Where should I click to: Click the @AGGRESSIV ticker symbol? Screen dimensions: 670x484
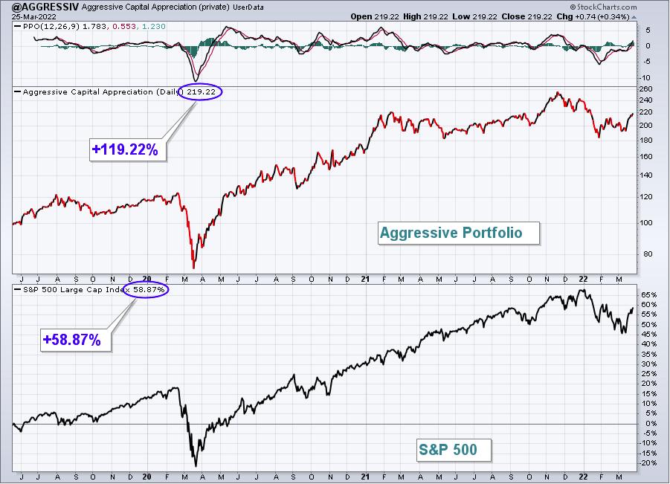pos(45,7)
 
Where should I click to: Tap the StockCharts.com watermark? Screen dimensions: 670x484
pos(603,7)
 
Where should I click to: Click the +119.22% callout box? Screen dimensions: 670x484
pos(127,149)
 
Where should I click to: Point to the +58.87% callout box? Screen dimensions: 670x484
pos(76,340)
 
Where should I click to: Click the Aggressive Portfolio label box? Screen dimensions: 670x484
pos(459,233)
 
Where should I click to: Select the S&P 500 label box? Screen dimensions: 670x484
pos(454,450)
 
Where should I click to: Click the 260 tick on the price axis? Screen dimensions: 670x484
pos(645,89)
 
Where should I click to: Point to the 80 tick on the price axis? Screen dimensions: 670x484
pos(648,254)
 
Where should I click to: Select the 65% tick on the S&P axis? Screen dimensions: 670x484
pos(648,294)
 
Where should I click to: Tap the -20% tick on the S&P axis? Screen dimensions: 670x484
pos(648,463)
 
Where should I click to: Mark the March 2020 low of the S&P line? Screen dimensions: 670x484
pos(196,466)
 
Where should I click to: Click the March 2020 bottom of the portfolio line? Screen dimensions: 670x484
pos(194,268)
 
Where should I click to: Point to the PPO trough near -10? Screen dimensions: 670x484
pos(196,81)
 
